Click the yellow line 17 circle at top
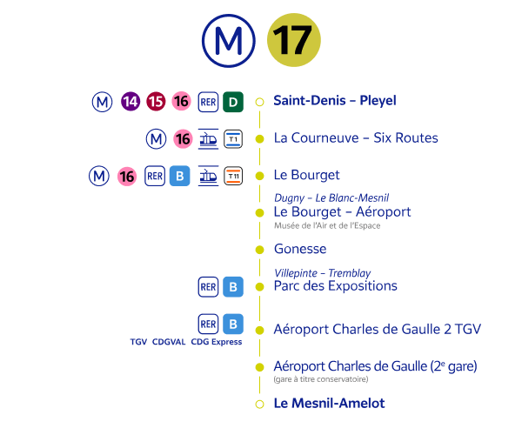[x=293, y=40]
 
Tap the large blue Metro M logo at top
[x=228, y=40]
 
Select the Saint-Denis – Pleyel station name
[x=334, y=101]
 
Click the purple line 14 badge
[x=130, y=101]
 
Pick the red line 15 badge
[x=156, y=101]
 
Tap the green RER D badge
[x=232, y=101]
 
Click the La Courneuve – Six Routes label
[x=355, y=137]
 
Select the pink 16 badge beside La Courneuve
[x=182, y=138]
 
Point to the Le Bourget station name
[x=306, y=175]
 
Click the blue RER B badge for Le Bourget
[x=179, y=176]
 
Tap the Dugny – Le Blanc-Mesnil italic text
[x=331, y=197]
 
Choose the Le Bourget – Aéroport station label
[x=342, y=211]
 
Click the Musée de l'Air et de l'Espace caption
[x=326, y=225]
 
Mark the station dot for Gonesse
[x=258, y=250]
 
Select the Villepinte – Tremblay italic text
[x=322, y=272]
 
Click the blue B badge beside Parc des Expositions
[x=232, y=286]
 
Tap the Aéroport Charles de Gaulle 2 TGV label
[x=377, y=330]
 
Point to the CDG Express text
[x=216, y=343]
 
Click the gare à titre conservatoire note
[x=320, y=379]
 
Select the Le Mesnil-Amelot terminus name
[x=328, y=404]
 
